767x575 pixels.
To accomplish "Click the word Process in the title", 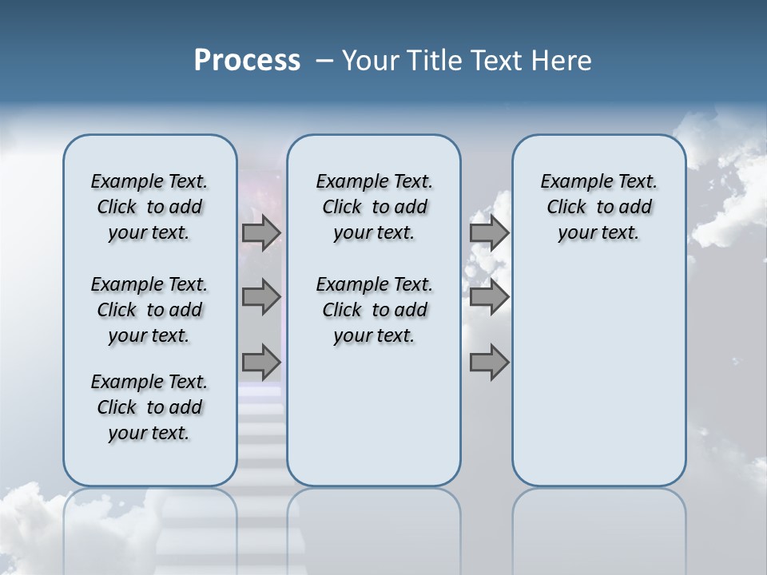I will (x=247, y=61).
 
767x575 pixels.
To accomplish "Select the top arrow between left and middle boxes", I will (x=261, y=233).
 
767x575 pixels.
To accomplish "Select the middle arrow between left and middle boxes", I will (x=261, y=297).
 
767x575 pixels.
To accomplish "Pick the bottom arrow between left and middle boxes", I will (x=261, y=362).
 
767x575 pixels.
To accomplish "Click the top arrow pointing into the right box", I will (x=489, y=233).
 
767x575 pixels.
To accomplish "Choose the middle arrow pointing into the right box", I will (x=489, y=297).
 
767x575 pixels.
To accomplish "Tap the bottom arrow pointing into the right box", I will (x=489, y=362).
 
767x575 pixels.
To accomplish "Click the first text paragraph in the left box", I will (x=149, y=207).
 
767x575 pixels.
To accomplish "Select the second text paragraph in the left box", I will (x=149, y=310).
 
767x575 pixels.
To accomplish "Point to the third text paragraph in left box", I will (x=149, y=407).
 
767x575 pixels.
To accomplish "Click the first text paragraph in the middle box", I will (x=375, y=207).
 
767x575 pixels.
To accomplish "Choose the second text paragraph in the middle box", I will (x=375, y=310).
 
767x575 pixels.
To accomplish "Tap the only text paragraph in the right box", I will (x=599, y=207).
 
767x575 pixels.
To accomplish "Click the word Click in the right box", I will (x=566, y=207).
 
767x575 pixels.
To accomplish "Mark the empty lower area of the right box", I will (x=599, y=375).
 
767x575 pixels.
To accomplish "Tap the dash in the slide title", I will (x=324, y=61).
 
